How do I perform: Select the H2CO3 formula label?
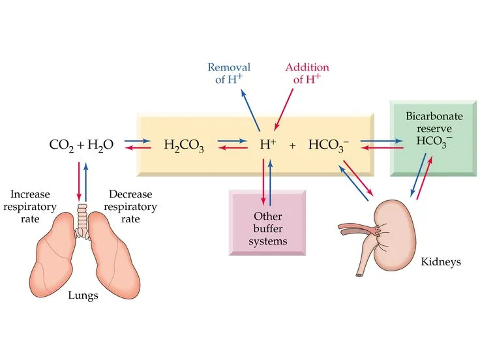tap(184, 147)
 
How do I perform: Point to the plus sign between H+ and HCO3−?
tap(292, 147)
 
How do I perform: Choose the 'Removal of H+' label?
tap(228, 73)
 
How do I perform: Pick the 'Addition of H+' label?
tap(307, 73)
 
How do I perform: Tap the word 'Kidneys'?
tap(442, 262)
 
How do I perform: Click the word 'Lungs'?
tap(83, 295)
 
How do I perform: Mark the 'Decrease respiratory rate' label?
tap(130, 206)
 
